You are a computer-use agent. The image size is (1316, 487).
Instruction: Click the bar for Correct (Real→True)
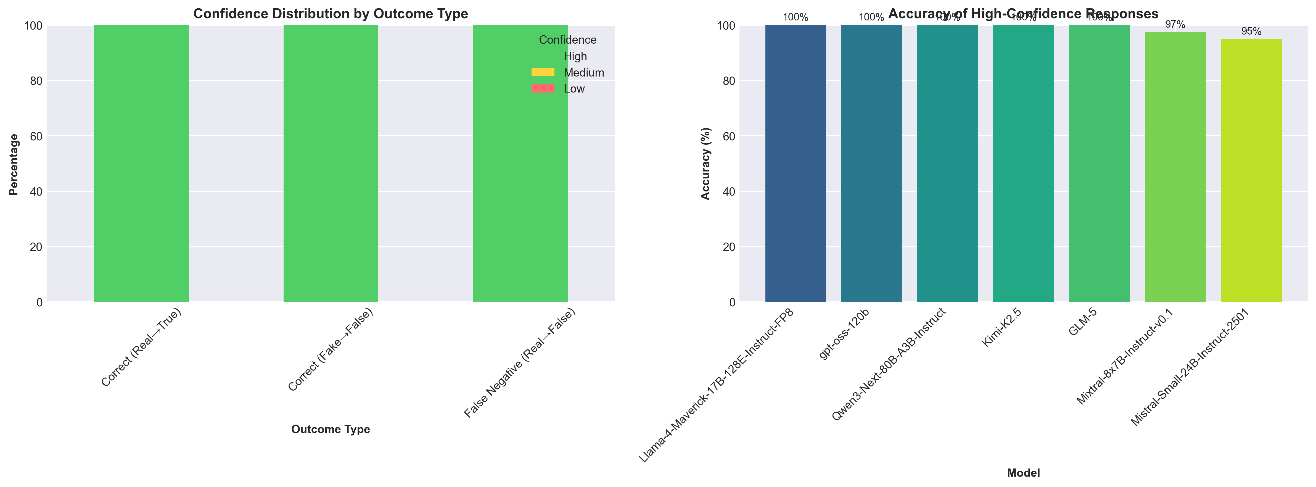tap(141, 164)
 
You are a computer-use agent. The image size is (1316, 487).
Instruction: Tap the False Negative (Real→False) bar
tap(520, 164)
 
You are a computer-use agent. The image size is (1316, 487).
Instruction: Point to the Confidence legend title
tap(568, 40)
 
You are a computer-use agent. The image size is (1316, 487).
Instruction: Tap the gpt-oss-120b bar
tap(871, 164)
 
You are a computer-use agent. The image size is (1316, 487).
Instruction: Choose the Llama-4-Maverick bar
tap(796, 164)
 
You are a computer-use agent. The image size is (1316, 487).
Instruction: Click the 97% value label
tap(1175, 25)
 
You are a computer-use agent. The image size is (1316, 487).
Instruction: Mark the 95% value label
tap(1251, 32)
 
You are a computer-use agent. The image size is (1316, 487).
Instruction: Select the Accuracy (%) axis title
tap(705, 164)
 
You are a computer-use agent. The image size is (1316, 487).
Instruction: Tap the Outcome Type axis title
tap(331, 429)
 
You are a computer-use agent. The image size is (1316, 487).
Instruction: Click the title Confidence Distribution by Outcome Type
tap(331, 14)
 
